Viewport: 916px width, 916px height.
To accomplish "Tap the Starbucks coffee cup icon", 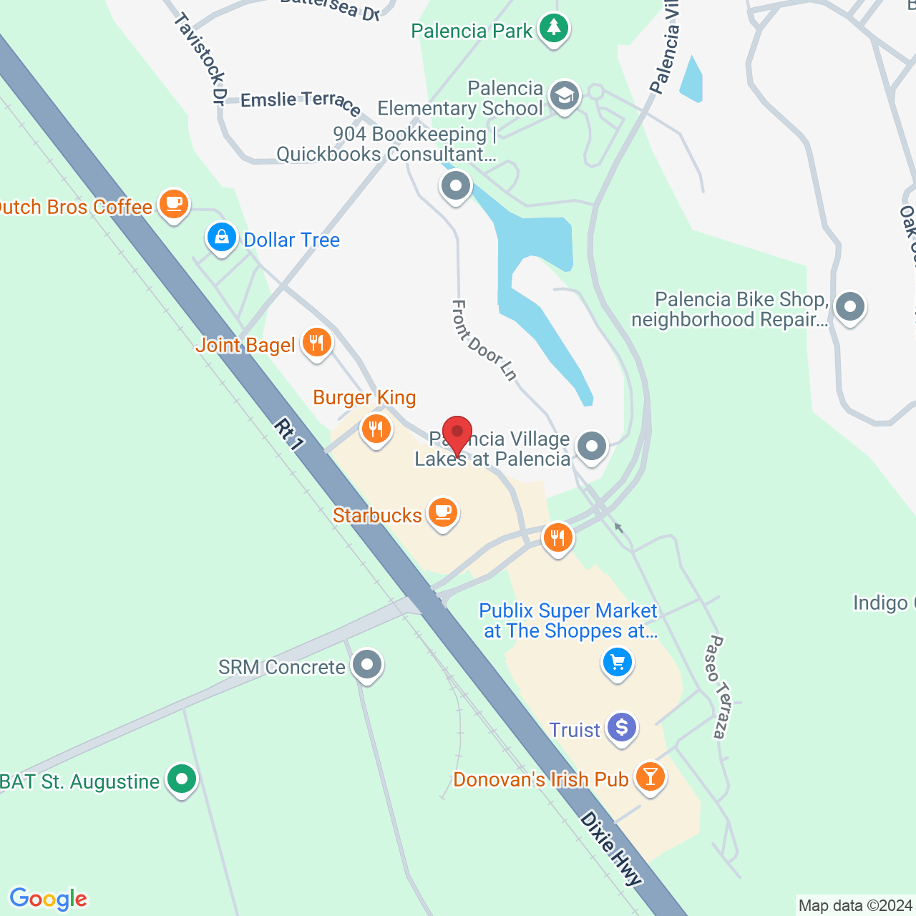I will tap(443, 512).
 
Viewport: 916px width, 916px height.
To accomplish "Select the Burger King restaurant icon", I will tap(376, 429).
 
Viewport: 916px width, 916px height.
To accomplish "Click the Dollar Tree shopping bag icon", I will tap(221, 237).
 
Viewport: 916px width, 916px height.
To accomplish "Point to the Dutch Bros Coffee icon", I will tap(173, 204).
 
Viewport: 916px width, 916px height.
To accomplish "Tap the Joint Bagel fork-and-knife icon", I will tap(316, 343).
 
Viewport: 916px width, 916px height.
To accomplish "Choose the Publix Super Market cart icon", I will tap(617, 663).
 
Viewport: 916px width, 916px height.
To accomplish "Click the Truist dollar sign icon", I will tap(621, 728).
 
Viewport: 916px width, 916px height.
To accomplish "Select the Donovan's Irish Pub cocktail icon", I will tap(650, 776).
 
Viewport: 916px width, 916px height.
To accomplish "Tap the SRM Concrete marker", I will tap(367, 665).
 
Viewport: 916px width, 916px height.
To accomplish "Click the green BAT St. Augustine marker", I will tap(181, 779).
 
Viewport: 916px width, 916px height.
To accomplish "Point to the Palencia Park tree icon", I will tap(553, 29).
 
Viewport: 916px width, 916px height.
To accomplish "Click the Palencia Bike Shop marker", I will tap(849, 307).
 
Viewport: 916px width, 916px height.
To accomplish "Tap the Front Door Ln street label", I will tap(484, 340).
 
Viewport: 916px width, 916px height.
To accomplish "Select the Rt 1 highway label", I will tap(289, 434).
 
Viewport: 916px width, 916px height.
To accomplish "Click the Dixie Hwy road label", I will tap(611, 849).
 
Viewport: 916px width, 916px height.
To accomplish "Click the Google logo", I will tap(49, 899).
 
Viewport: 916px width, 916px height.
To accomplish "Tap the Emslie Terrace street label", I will tap(301, 102).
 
